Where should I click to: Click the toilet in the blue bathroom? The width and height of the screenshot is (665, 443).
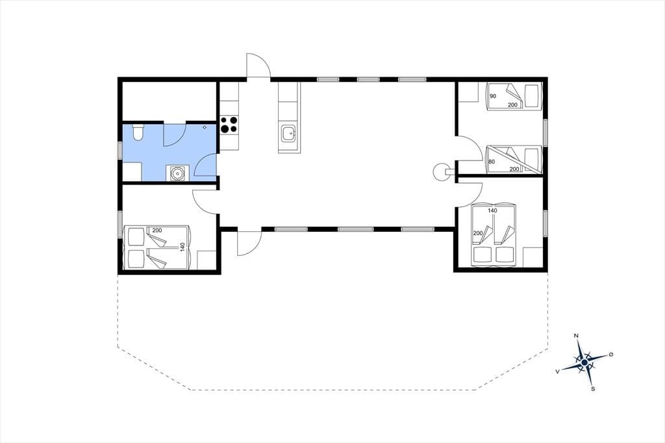coord(138,132)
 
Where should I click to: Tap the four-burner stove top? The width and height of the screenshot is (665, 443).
coord(229,125)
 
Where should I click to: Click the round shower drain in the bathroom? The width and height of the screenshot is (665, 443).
coord(175,173)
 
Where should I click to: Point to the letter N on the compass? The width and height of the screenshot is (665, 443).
coord(576,336)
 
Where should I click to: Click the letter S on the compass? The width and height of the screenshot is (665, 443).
coord(593,388)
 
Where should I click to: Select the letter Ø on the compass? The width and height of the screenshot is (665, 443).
coord(611,354)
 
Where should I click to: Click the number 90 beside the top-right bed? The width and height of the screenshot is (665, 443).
coord(493,96)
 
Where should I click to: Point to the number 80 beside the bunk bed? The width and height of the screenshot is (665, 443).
coord(492,162)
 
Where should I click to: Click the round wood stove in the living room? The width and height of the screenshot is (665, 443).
coord(440,171)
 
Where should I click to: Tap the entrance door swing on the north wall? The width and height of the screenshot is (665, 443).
coord(258,66)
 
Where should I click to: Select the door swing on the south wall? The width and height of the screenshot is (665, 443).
coord(249,243)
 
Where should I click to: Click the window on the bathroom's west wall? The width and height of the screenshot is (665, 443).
coord(120,150)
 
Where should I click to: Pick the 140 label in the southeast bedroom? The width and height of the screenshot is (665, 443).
coord(492,210)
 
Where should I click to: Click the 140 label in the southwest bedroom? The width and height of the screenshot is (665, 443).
coord(182,247)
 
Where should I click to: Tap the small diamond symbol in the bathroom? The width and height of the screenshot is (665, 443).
coord(205,127)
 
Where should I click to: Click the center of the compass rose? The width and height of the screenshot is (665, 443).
coord(584,362)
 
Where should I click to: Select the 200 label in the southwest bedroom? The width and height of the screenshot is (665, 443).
coord(157,231)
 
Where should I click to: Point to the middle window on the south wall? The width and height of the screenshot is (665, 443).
coord(355,229)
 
